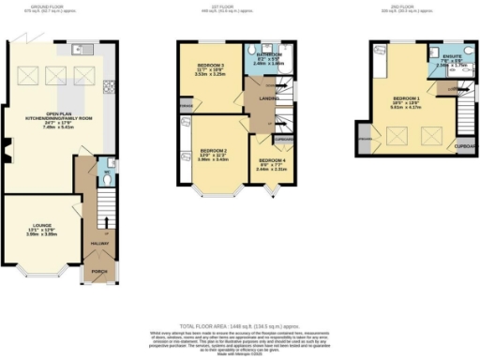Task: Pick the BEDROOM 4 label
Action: [x=272, y=162]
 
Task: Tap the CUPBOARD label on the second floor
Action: [x=466, y=147]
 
